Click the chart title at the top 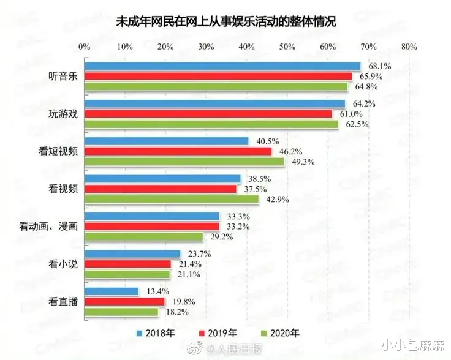click(225, 21)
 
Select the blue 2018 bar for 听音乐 click(222, 66)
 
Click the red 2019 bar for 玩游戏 click(208, 114)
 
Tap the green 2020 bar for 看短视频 click(184, 162)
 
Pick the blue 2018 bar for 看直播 click(112, 291)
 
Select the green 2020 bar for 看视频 click(172, 199)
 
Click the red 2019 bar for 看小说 click(128, 264)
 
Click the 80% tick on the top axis click(409, 47)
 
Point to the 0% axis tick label click(85, 47)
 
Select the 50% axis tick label click(287, 47)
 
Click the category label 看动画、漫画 click(48, 227)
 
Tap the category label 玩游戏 click(63, 114)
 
